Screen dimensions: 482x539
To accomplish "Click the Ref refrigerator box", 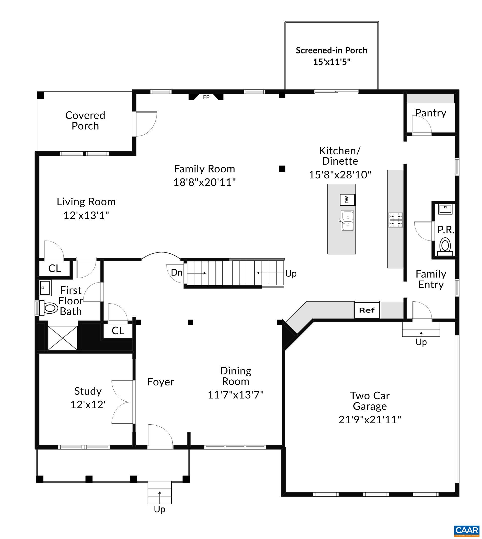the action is (x=367, y=310).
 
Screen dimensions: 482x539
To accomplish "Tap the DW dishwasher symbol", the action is (x=348, y=200).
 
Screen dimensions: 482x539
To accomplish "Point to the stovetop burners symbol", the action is (x=395, y=220).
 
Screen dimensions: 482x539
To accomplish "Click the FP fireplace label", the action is (x=206, y=97).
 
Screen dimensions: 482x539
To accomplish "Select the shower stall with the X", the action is (x=63, y=338).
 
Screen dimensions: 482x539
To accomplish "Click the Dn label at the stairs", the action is (x=176, y=273).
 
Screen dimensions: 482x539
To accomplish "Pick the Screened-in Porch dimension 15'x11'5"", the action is (x=331, y=62).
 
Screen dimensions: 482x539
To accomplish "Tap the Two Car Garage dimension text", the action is (x=370, y=420).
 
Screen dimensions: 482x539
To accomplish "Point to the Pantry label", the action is (x=431, y=113).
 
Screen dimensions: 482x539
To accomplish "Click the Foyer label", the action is (x=161, y=382).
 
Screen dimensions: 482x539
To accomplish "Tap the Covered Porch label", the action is (x=85, y=121).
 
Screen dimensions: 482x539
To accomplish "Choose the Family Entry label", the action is (x=431, y=279).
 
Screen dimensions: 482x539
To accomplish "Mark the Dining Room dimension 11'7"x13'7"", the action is (x=235, y=395).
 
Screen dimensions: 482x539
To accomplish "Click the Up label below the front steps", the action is (x=159, y=509).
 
